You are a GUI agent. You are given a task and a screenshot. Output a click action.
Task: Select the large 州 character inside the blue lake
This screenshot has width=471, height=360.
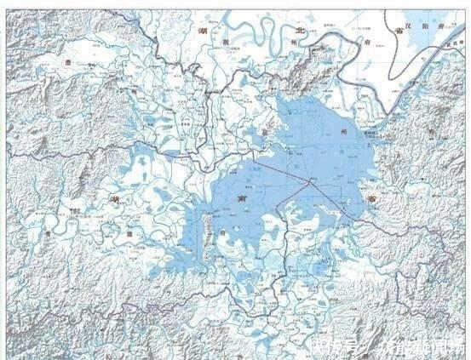(342, 134)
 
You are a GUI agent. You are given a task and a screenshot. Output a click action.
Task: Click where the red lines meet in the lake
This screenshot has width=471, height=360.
(313, 180)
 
